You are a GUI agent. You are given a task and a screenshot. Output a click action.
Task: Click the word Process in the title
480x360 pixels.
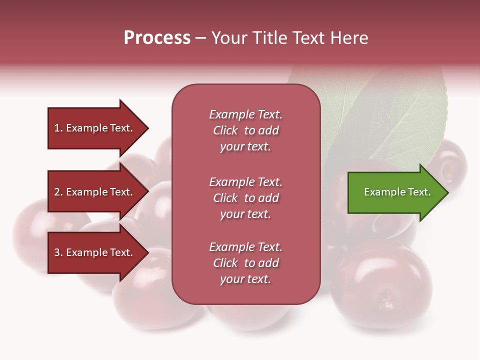157,38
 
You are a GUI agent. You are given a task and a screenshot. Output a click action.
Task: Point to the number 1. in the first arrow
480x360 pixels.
58,128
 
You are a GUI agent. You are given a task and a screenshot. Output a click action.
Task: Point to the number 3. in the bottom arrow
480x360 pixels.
58,253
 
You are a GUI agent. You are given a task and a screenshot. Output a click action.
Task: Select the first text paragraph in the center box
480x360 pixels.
245,130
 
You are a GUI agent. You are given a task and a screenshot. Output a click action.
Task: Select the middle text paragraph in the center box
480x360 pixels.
245,198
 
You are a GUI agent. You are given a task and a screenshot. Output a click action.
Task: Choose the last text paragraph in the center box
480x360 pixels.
245,263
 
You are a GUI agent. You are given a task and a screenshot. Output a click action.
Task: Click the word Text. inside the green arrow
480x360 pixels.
419,192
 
